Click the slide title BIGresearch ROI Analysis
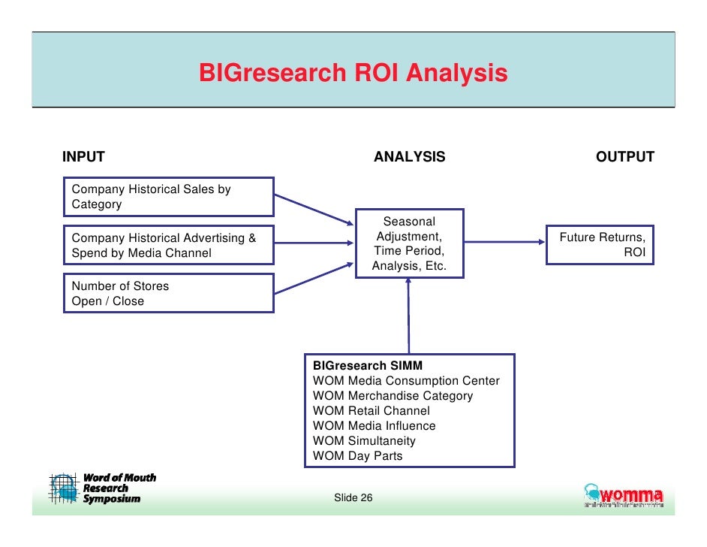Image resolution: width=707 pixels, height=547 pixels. [353, 74]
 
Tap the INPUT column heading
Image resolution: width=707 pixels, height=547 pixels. [83, 157]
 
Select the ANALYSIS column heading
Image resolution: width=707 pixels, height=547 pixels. [409, 157]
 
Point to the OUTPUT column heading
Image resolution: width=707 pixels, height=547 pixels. [624, 157]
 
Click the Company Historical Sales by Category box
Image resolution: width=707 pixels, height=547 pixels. [168, 197]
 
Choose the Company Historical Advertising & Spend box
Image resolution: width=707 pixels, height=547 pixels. [168, 246]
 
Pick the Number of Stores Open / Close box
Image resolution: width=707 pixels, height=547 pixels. [168, 293]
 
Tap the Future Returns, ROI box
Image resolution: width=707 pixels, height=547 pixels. [600, 245]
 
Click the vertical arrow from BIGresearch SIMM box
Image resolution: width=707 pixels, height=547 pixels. [409, 316]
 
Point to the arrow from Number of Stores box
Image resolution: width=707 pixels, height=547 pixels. [311, 278]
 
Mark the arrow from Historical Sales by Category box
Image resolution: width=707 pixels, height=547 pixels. [311, 209]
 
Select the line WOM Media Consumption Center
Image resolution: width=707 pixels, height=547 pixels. [406, 381]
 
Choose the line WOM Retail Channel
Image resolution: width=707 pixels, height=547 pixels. [372, 411]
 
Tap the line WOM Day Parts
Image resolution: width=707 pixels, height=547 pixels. [358, 456]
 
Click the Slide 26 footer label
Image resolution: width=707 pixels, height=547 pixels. [353, 498]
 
